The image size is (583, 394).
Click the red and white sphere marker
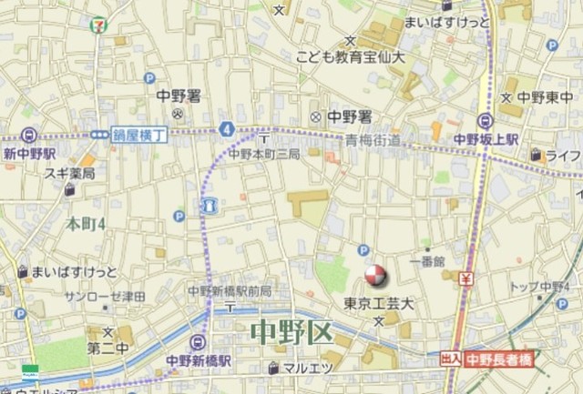click(x=374, y=275)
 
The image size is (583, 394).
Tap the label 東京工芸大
click(x=378, y=303)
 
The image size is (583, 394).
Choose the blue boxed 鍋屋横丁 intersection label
click(x=141, y=134)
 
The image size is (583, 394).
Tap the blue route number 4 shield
click(x=225, y=130)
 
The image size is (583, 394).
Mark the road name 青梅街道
click(x=373, y=140)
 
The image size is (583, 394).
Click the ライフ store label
click(x=564, y=155)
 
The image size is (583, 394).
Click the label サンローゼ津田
click(x=106, y=297)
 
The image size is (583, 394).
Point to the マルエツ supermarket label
click(x=304, y=369)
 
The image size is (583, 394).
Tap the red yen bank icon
click(x=465, y=278)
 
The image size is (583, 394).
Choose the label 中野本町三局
click(x=263, y=155)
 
